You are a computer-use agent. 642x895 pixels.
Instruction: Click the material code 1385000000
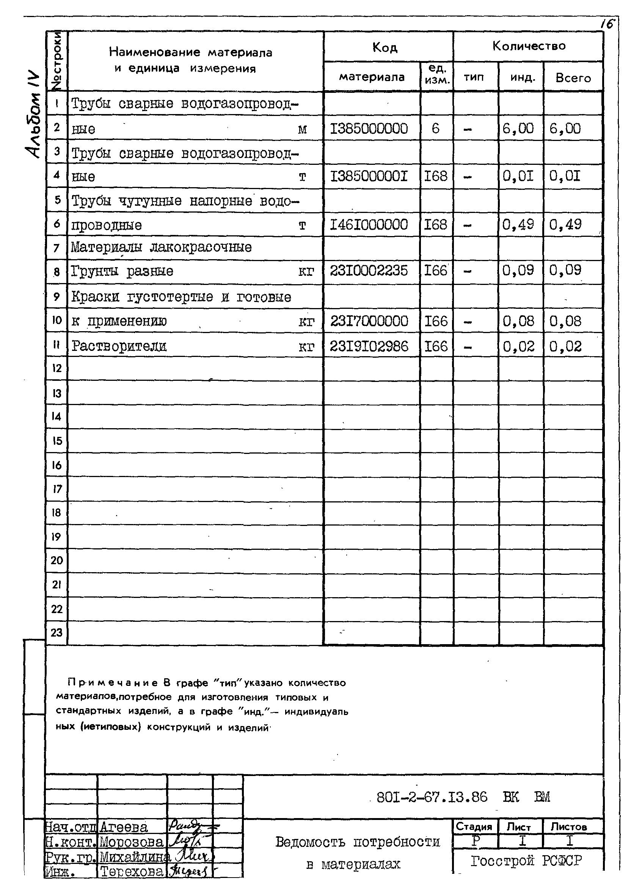click(368, 129)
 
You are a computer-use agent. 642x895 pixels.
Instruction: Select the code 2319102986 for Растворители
click(369, 346)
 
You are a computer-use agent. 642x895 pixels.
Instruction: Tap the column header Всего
click(573, 78)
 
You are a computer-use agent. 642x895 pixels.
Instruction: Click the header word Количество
click(528, 46)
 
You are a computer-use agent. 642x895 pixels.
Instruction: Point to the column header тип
click(473, 77)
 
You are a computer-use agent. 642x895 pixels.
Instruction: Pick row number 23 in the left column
click(57, 632)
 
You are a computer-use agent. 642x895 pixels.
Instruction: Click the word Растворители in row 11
click(119, 346)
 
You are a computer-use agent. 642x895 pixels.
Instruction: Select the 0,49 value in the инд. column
click(518, 225)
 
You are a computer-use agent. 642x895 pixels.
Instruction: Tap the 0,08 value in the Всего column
click(565, 321)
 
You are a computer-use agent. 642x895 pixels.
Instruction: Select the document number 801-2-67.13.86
click(432, 797)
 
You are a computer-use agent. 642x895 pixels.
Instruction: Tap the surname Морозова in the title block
click(131, 842)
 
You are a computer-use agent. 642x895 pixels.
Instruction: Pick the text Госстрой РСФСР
click(526, 861)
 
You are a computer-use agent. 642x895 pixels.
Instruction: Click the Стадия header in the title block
click(474, 827)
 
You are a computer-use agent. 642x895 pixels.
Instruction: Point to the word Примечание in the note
click(113, 683)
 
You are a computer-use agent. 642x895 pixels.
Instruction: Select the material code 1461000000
click(369, 225)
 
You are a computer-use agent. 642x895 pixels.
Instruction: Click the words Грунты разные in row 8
click(122, 271)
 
